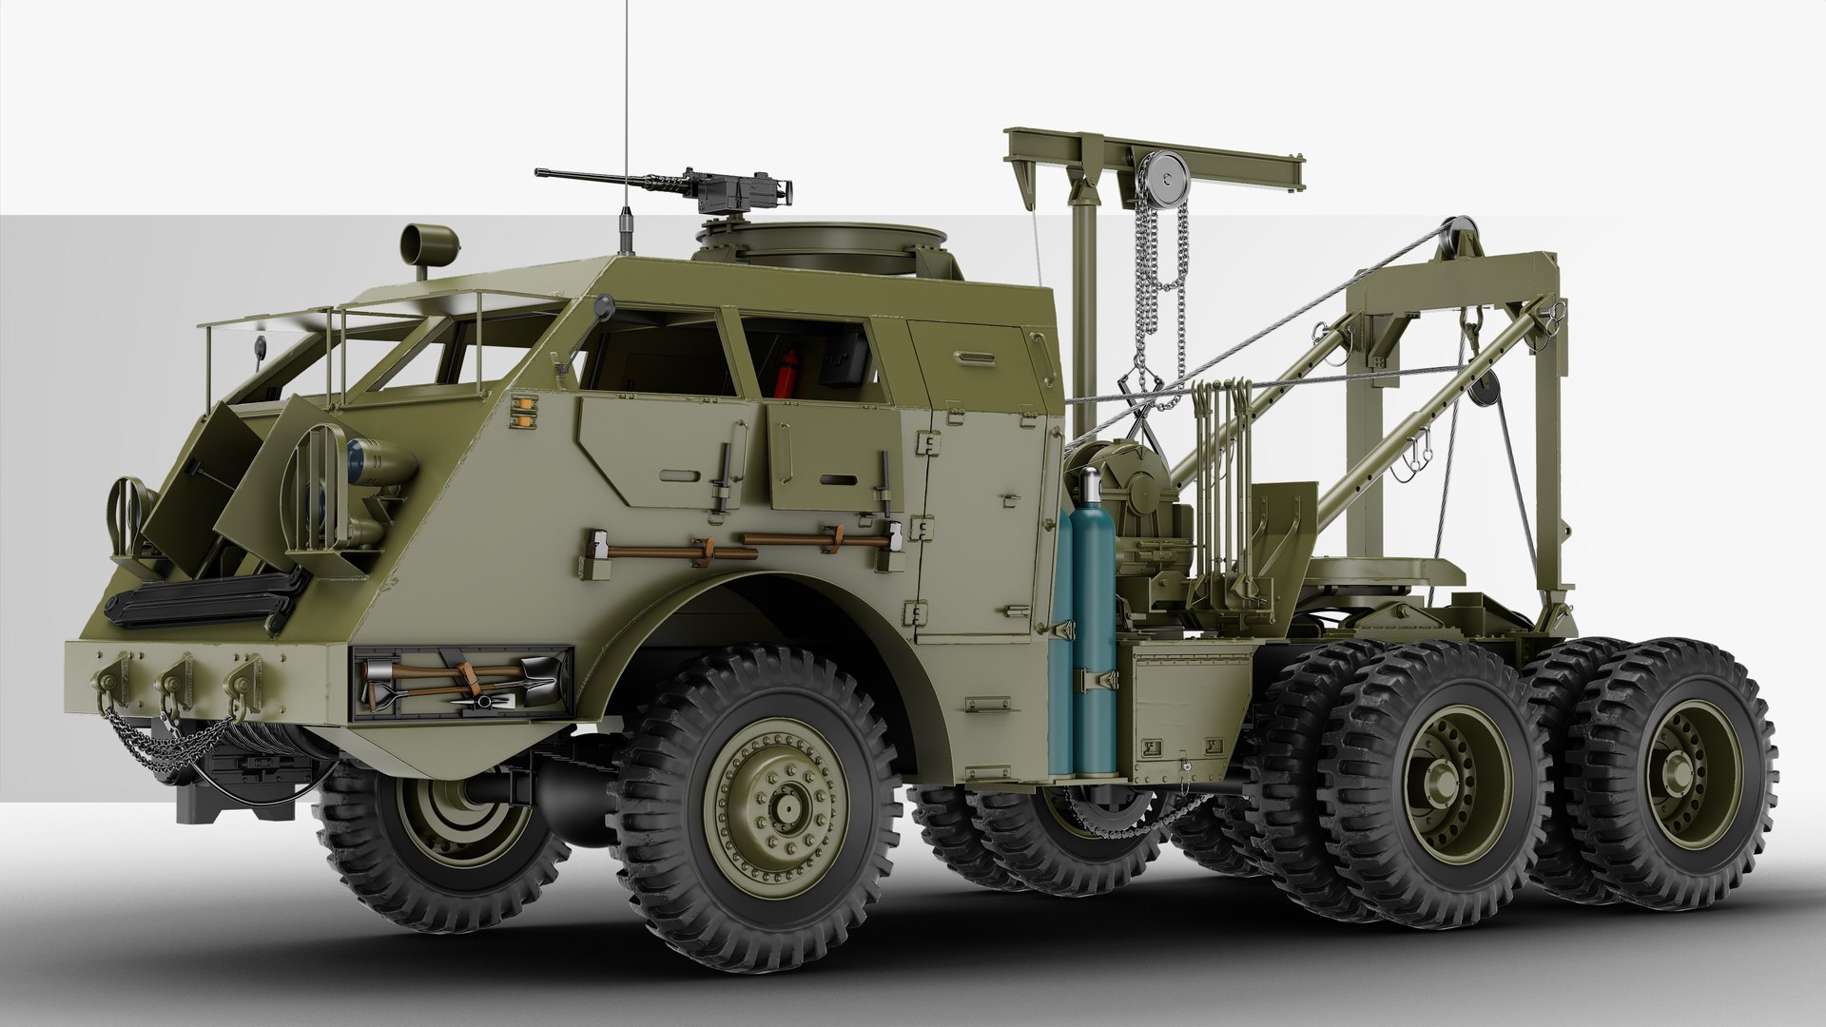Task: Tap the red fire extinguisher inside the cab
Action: click(787, 372)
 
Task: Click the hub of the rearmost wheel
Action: click(1683, 775)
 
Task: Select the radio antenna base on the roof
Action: click(626, 228)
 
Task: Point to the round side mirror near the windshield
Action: click(602, 305)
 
